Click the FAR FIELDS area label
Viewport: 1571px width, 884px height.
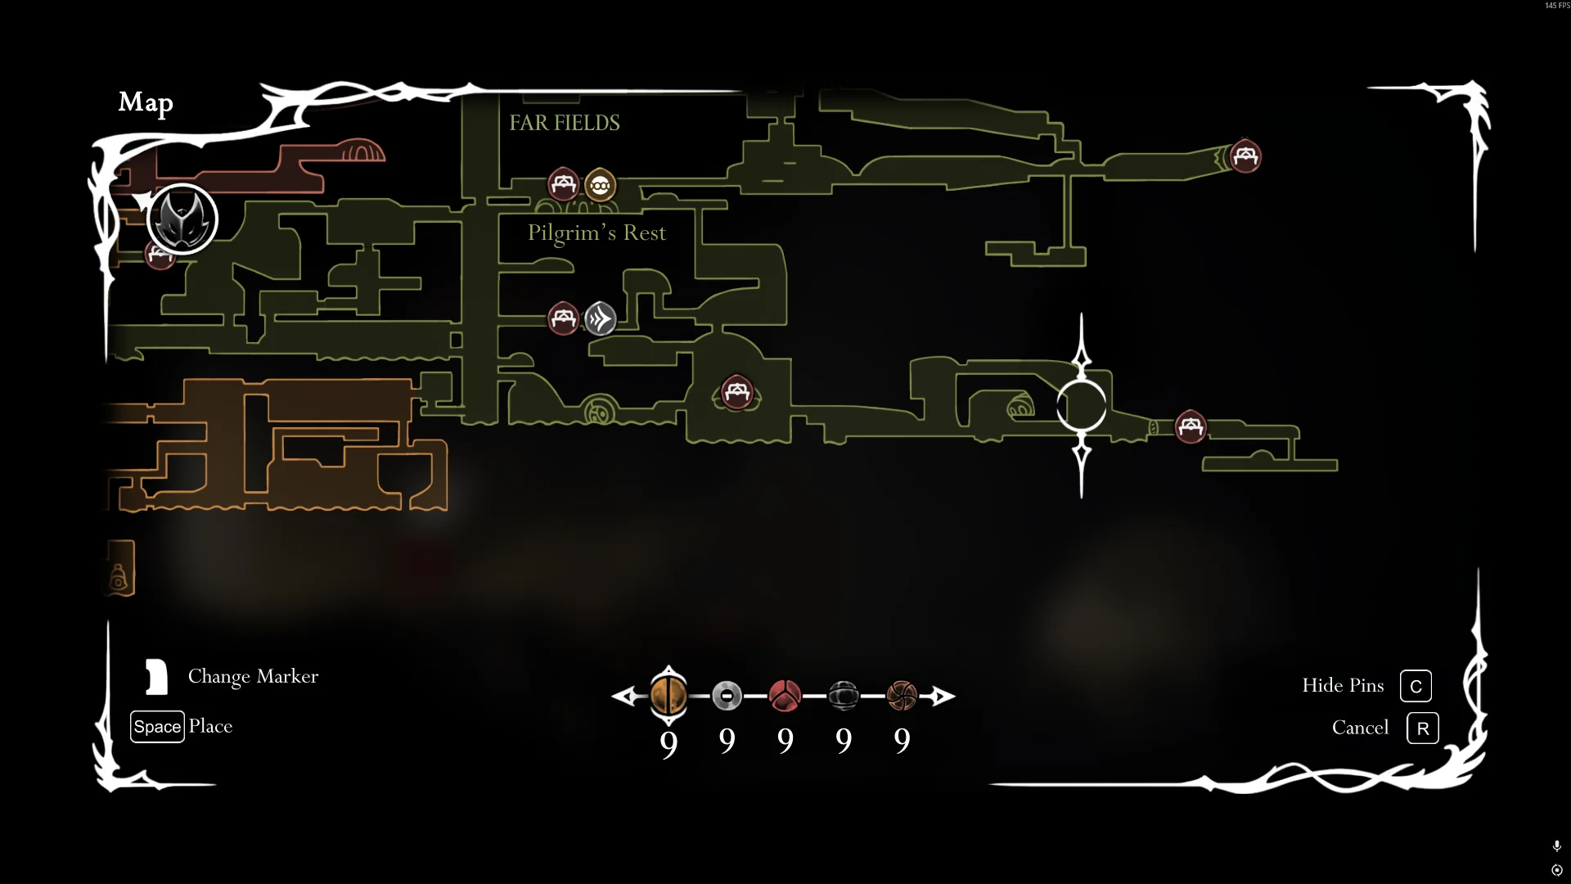pyautogui.click(x=565, y=123)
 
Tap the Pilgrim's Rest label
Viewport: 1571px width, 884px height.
pyautogui.click(x=596, y=233)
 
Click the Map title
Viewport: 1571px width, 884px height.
pyautogui.click(x=146, y=102)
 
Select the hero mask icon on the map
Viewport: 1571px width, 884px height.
pyautogui.click(x=182, y=219)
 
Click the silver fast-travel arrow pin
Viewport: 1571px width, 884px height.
pyautogui.click(x=601, y=318)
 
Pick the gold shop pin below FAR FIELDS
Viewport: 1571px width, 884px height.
pyautogui.click(x=601, y=186)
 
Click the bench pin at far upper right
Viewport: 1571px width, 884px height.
pyautogui.click(x=1245, y=156)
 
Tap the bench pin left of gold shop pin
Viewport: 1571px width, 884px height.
pyautogui.click(x=563, y=184)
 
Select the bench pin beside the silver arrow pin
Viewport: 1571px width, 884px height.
pyautogui.click(x=563, y=318)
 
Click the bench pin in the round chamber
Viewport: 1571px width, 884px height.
pyautogui.click(x=736, y=393)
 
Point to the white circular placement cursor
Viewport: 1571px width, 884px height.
pyautogui.click(x=1081, y=406)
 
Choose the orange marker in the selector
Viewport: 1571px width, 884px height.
pyautogui.click(x=668, y=696)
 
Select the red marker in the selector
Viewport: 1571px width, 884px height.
pyautogui.click(x=785, y=696)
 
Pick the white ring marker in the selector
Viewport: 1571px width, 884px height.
pyautogui.click(x=727, y=696)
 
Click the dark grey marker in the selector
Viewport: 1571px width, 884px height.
pyautogui.click(x=843, y=696)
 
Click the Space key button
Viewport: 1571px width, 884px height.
pyautogui.click(x=157, y=727)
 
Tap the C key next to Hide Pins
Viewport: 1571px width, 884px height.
pyautogui.click(x=1416, y=686)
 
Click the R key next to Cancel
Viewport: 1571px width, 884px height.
pyautogui.click(x=1422, y=728)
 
